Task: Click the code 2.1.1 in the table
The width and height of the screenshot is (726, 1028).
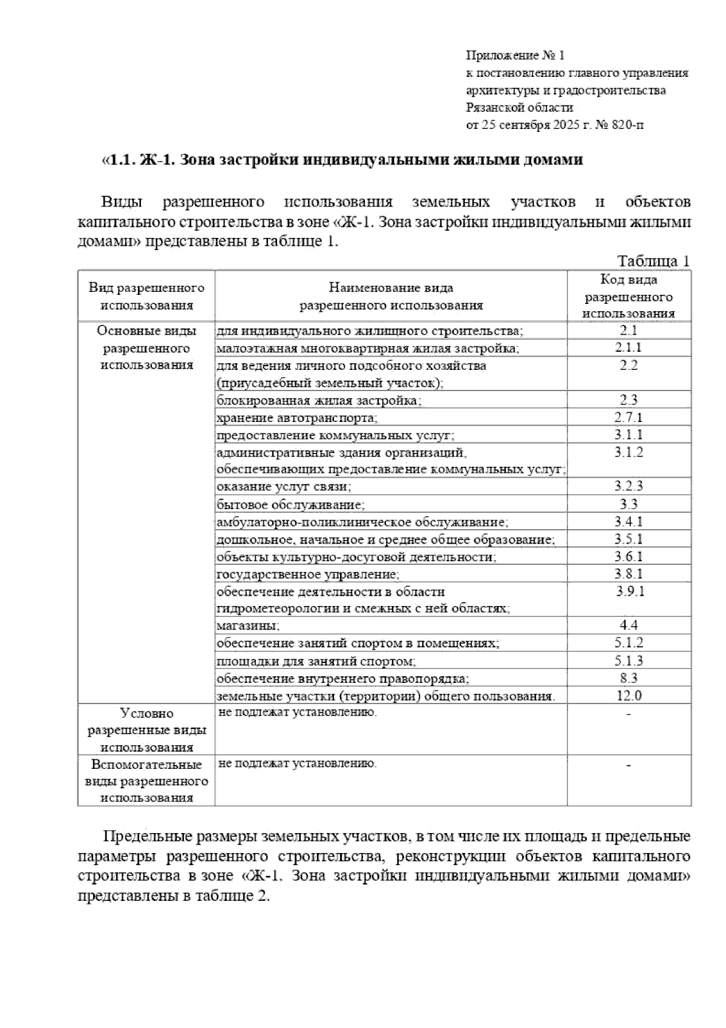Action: (629, 348)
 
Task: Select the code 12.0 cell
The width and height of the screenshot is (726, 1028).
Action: (629, 695)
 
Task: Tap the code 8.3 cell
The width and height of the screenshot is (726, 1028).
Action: (629, 678)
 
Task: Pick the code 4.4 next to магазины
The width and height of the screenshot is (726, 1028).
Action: (629, 625)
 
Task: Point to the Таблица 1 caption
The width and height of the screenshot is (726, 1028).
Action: (653, 261)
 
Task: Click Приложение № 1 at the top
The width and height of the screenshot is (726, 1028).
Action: (514, 56)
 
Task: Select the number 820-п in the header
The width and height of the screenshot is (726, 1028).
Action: (630, 125)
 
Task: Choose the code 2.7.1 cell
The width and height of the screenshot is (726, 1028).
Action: (629, 417)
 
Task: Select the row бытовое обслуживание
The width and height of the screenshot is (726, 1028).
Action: (291, 504)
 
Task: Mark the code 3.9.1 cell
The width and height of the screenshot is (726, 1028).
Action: (629, 591)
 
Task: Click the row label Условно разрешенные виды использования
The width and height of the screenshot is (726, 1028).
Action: (147, 730)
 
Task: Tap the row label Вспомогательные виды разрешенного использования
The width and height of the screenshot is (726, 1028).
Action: (147, 781)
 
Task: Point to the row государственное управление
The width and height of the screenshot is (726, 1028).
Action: (308, 573)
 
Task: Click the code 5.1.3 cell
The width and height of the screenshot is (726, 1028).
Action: (629, 661)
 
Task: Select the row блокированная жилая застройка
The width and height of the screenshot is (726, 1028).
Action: (319, 400)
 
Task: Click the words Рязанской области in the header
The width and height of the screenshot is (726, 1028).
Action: (519, 108)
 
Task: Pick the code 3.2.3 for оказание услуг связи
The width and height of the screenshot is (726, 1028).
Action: (629, 486)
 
